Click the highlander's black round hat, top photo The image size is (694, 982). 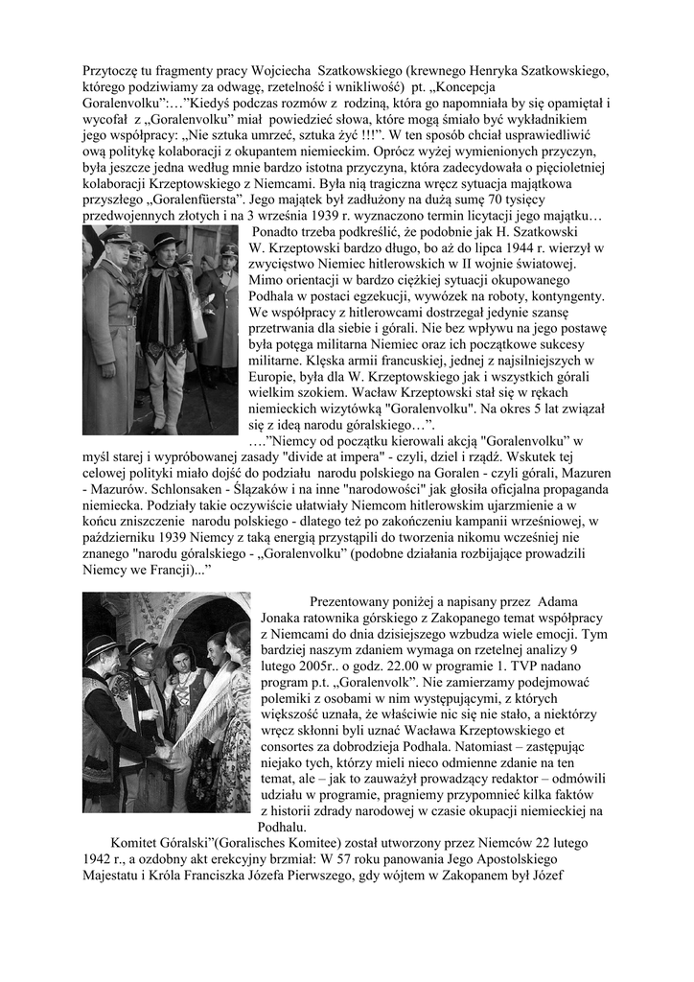click(x=164, y=241)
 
